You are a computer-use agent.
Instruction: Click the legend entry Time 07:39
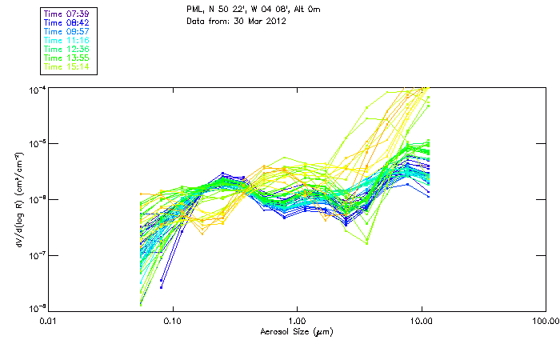pos(66,14)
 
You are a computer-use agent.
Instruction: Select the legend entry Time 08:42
pos(66,23)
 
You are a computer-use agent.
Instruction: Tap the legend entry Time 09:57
pos(66,32)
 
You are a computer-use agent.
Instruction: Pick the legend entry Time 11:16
pos(66,41)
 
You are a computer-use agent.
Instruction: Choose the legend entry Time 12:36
pos(66,50)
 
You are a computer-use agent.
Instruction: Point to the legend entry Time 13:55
pos(66,58)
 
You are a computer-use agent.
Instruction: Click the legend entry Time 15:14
pos(66,67)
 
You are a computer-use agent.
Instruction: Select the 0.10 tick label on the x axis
pos(172,321)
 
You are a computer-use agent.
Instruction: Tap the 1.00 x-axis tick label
pos(297,321)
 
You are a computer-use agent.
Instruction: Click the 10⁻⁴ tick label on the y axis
pos(36,88)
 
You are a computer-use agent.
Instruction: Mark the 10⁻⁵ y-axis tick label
pos(36,143)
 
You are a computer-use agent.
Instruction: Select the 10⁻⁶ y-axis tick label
pos(36,198)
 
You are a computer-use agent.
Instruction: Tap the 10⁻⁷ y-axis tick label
pos(36,254)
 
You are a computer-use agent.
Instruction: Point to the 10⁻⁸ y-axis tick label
pos(36,308)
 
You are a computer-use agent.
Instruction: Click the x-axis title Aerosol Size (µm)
pos(297,331)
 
